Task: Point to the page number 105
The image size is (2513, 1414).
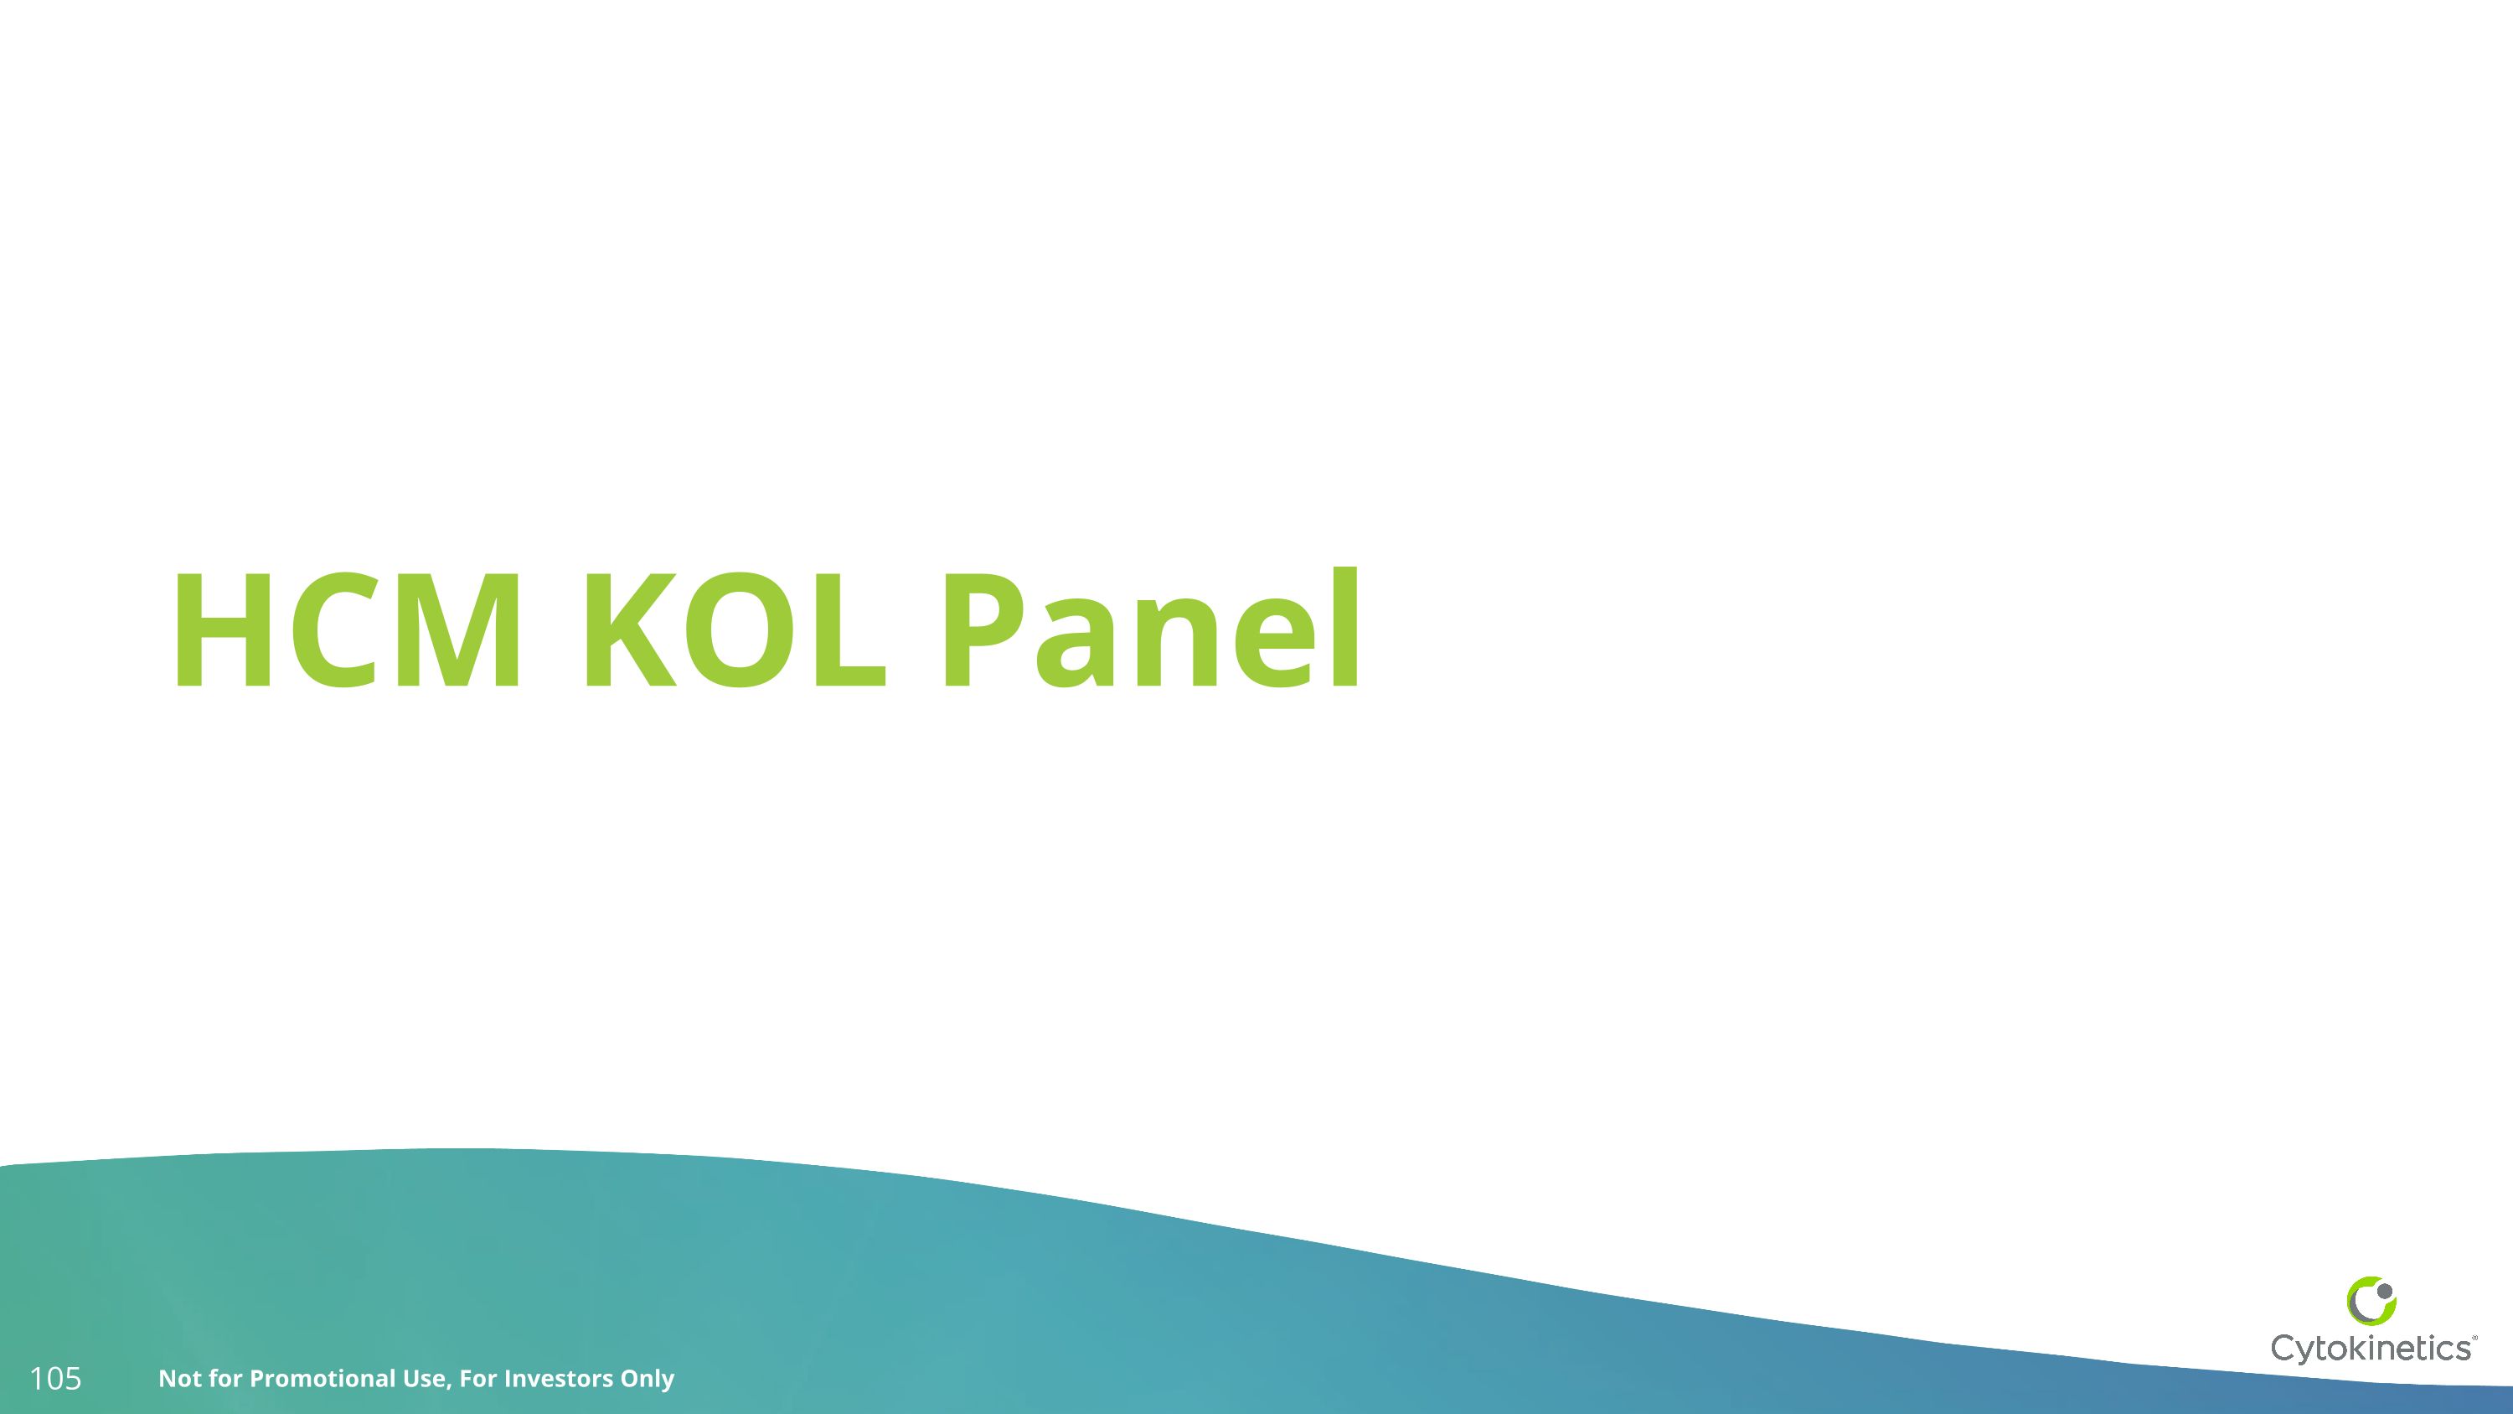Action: [55, 1379]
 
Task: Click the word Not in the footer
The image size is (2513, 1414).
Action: [178, 1379]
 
